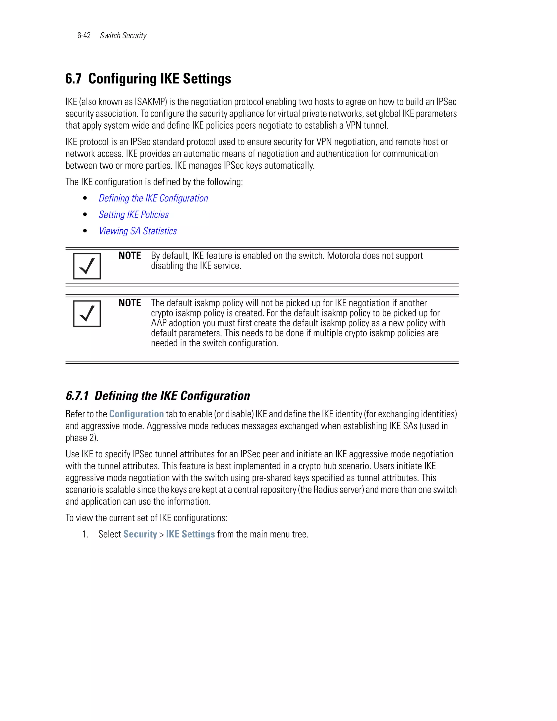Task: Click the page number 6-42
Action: [x=84, y=36]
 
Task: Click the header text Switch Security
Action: [x=123, y=36]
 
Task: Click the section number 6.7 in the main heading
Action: [x=73, y=79]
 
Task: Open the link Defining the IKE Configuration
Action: [x=153, y=198]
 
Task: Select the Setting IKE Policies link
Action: [x=134, y=215]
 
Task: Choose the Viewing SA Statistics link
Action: [x=138, y=231]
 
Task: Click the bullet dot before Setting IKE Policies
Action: [x=85, y=215]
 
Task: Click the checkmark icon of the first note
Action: [x=87, y=266]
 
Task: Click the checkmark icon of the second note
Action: [x=87, y=313]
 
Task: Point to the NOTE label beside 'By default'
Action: [x=130, y=256]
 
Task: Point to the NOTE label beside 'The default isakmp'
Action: [x=130, y=303]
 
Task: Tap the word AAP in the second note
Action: [x=159, y=323]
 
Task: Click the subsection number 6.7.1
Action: [x=77, y=396]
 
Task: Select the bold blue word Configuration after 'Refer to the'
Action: [x=136, y=414]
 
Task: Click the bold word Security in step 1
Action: [x=140, y=534]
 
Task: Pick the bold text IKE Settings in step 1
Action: [x=190, y=534]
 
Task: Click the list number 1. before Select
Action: [x=85, y=534]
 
